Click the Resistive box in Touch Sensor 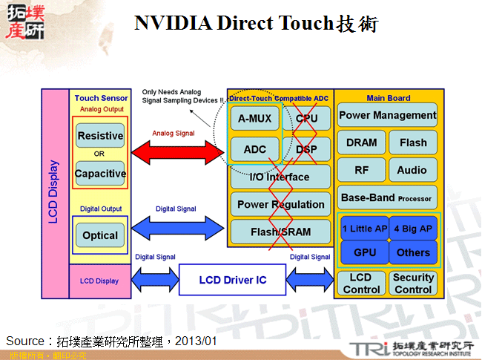[100, 136]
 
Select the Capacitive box [100, 174]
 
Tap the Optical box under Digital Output [100, 235]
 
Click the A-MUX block [254, 118]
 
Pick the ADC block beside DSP [254, 149]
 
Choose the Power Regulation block [280, 204]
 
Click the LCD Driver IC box [232, 280]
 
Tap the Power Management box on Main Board [387, 115]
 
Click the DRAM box [361, 143]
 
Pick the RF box [361, 170]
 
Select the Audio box [412, 170]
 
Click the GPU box [364, 252]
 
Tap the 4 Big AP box [412, 229]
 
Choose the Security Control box [413, 284]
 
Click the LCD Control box [362, 284]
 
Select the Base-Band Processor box [387, 197]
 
